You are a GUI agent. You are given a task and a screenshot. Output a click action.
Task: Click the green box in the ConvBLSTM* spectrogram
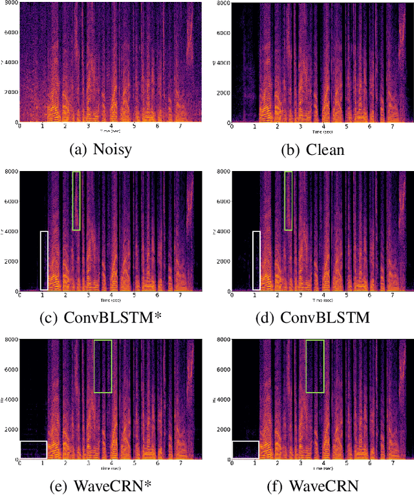pos(76,201)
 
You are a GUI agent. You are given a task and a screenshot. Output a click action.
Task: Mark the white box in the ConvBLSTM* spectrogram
pos(44,260)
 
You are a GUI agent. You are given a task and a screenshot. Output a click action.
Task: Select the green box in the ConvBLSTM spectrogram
pos(288,201)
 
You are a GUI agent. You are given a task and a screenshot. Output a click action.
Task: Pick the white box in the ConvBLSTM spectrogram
pos(256,260)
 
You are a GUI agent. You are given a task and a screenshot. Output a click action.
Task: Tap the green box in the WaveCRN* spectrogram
pos(103,366)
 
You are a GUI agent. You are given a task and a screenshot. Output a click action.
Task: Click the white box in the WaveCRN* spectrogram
pos(34,450)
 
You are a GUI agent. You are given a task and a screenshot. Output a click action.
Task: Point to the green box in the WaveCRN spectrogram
pos(315,366)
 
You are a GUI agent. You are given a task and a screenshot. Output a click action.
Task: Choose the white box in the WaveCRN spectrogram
pos(245,450)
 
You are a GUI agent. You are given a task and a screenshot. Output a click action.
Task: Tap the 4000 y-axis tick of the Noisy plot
pos(10,63)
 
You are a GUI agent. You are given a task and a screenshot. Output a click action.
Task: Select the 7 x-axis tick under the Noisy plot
pos(180,126)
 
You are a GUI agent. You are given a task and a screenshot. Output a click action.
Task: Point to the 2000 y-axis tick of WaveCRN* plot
pos(10,429)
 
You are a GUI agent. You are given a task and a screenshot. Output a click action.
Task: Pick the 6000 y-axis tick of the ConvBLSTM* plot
pos(10,201)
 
